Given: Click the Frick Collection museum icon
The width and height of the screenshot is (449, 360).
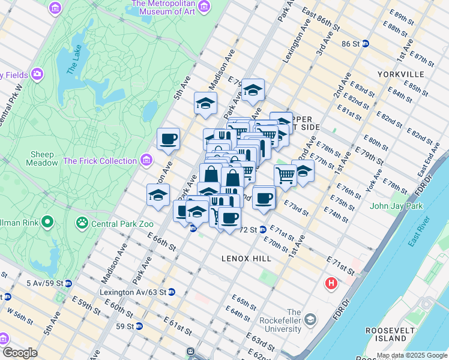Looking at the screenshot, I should click(x=145, y=160).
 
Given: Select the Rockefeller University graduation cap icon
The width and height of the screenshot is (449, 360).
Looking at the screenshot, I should click(x=310, y=318).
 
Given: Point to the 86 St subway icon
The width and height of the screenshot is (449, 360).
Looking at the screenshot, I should click(x=366, y=44).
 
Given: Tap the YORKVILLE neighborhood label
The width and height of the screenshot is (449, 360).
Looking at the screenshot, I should click(x=401, y=74).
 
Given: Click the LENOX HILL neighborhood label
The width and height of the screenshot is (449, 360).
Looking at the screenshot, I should click(x=246, y=258).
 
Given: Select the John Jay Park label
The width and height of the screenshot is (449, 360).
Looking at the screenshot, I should click(x=396, y=206).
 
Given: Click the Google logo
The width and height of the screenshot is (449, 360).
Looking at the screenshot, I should click(x=20, y=353).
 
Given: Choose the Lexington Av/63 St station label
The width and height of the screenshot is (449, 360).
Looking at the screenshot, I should click(x=133, y=292).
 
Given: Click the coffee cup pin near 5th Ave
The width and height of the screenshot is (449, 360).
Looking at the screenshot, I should click(x=168, y=140).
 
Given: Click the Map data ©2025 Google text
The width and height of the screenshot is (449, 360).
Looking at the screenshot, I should click(x=412, y=355).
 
